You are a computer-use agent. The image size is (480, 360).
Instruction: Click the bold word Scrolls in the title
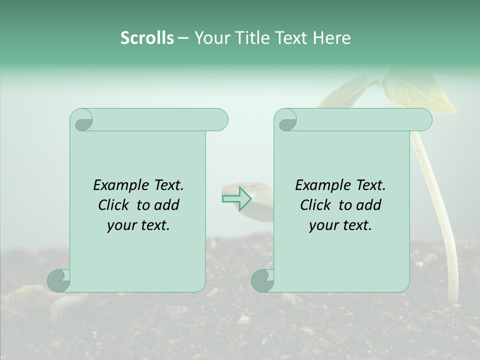click(x=147, y=38)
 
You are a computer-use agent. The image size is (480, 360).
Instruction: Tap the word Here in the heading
click(x=331, y=38)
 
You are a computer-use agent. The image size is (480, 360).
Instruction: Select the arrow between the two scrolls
click(x=236, y=198)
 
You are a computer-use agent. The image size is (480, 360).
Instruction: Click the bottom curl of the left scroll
click(x=58, y=280)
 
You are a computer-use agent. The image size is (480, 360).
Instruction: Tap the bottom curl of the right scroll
click(x=262, y=280)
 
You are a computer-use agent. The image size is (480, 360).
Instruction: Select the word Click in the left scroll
click(x=114, y=205)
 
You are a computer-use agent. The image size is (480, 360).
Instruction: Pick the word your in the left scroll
click(x=122, y=225)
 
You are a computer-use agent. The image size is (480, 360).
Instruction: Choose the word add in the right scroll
click(x=369, y=205)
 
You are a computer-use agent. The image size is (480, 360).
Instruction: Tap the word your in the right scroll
click(x=324, y=225)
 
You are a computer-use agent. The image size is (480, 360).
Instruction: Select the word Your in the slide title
click(x=210, y=38)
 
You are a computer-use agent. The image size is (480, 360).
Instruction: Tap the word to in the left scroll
click(x=143, y=205)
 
